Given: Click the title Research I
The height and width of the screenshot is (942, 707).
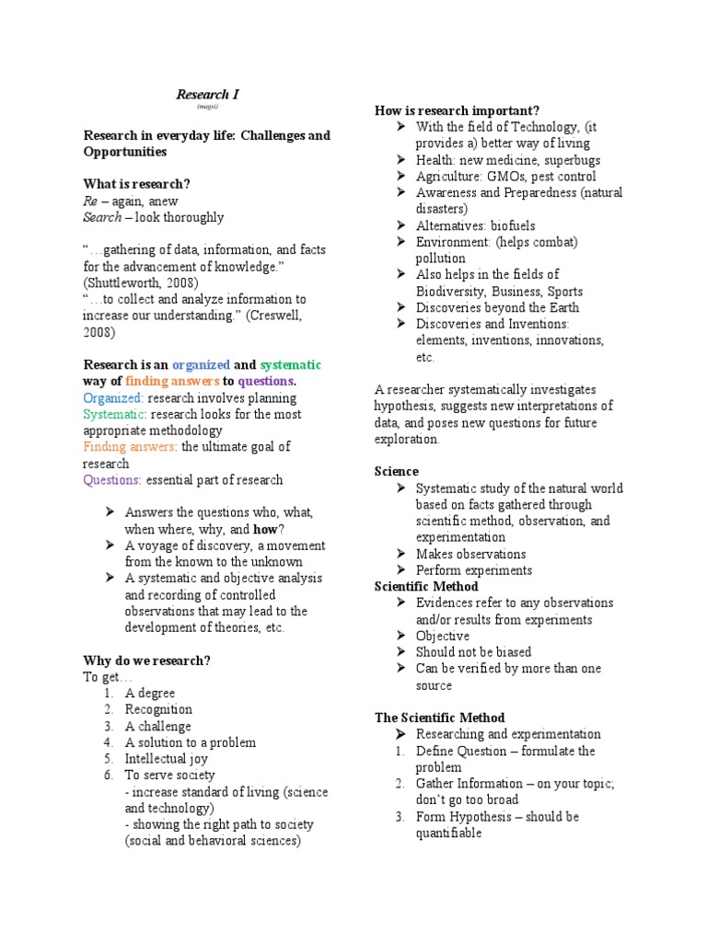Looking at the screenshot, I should pyautogui.click(x=208, y=94).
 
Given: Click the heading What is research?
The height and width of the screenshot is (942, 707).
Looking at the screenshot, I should pyautogui.click(x=136, y=184).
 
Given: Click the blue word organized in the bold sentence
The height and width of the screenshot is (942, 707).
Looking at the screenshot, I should pyautogui.click(x=200, y=364).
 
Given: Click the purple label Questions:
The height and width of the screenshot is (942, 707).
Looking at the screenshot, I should pyautogui.click(x=112, y=480).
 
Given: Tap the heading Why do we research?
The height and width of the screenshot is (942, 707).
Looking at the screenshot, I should pyautogui.click(x=146, y=661).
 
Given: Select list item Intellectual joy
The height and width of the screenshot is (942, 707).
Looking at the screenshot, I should pyautogui.click(x=167, y=759).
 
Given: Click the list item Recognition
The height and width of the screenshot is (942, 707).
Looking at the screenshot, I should pyautogui.click(x=159, y=709).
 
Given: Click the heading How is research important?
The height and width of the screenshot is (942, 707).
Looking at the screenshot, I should pyautogui.click(x=457, y=110).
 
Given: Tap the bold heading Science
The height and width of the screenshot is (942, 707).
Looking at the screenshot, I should pyautogui.click(x=396, y=471).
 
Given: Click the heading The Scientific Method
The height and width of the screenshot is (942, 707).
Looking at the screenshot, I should pyautogui.click(x=439, y=718).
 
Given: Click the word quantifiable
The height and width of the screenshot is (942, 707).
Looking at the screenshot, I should pyautogui.click(x=448, y=833).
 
